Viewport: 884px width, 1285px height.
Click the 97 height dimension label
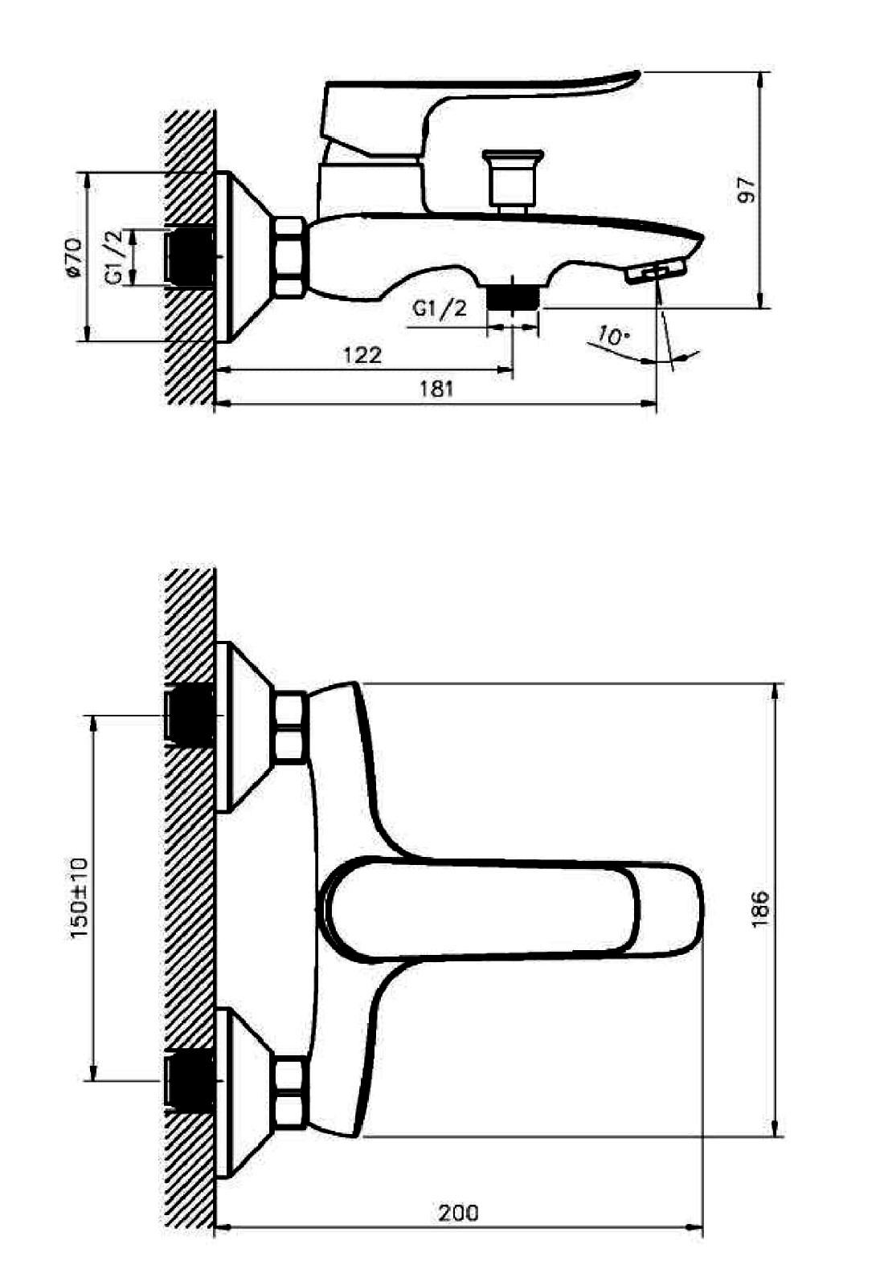pos(747,190)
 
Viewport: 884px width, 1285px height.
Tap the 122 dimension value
pos(362,355)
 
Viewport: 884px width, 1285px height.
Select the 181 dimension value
pos(436,389)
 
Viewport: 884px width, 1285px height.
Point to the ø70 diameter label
pos(74,258)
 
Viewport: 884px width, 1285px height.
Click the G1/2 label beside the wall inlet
pos(114,257)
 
